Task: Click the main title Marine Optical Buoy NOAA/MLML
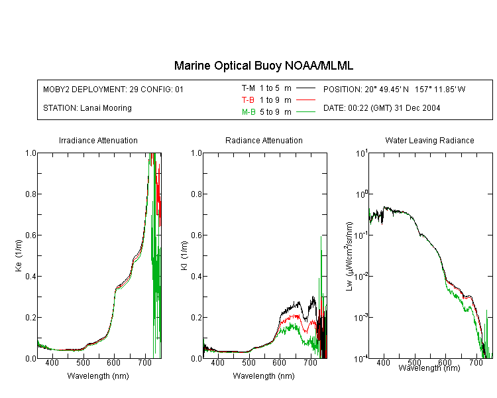tap(263, 66)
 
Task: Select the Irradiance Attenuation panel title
tap(98, 140)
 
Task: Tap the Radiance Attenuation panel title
tap(264, 140)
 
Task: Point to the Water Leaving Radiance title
tap(429, 140)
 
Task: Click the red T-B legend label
tap(248, 100)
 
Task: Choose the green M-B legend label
tap(248, 111)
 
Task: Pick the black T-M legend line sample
tap(305, 88)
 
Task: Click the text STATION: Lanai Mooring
tap(87, 108)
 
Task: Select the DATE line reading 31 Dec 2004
tap(382, 108)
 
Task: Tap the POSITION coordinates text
tap(394, 89)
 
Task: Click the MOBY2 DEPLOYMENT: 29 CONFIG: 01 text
tap(113, 89)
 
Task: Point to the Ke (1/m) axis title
tap(19, 255)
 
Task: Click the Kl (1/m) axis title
tap(184, 255)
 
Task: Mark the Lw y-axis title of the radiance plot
tap(349, 256)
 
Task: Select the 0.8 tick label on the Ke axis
tap(30, 194)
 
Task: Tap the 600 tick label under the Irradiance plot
tap(113, 362)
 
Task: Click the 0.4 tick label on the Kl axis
tap(197, 276)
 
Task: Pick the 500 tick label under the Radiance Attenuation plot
tap(248, 362)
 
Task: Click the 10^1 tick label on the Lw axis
tap(362, 153)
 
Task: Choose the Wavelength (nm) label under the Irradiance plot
tap(98, 376)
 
